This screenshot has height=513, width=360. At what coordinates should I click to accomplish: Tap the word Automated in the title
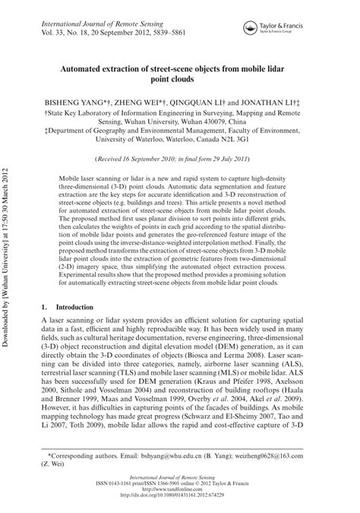[91, 66]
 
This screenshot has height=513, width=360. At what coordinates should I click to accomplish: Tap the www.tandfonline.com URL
[181, 500]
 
